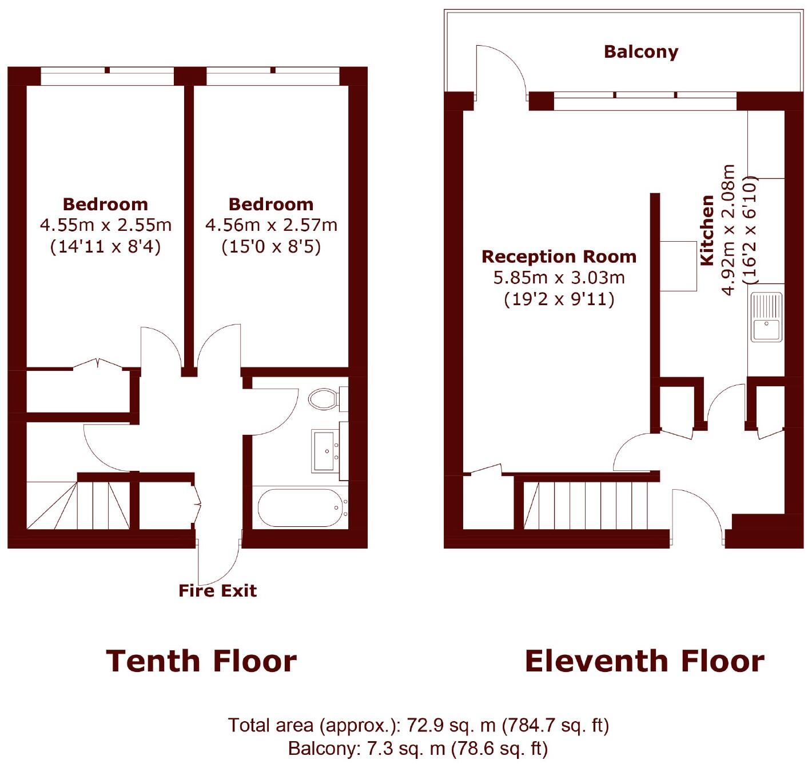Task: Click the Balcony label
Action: tap(640, 52)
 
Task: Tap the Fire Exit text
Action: tap(217, 590)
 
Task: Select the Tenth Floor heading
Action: tap(201, 661)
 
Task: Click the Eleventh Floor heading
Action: tap(644, 661)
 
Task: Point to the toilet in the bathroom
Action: tap(323, 399)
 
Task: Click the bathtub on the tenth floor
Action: tap(300, 507)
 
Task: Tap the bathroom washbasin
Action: tap(325, 451)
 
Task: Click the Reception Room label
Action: tap(559, 257)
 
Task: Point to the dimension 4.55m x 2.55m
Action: tap(105, 225)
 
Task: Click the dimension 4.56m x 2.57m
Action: tap(271, 225)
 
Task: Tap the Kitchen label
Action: tap(707, 230)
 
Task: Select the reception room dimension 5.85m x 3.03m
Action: tap(559, 278)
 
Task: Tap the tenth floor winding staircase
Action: tap(77, 505)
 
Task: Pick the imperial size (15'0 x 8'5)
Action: tap(271, 246)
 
